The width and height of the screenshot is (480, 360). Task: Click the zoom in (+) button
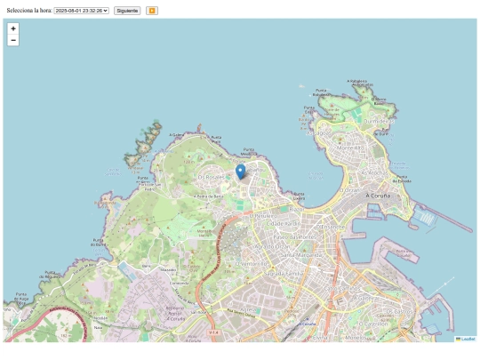[x=13, y=28]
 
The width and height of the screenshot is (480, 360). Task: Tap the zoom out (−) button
[x=13, y=40]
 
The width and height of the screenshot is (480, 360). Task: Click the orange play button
[x=152, y=10]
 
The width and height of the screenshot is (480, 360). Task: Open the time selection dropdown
[x=81, y=10]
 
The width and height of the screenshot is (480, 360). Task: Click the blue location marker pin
[x=240, y=172]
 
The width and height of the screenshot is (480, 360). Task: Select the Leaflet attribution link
[x=467, y=339]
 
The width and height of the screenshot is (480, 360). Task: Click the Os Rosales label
[x=211, y=177]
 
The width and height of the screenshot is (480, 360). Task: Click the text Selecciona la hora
[x=28, y=10]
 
